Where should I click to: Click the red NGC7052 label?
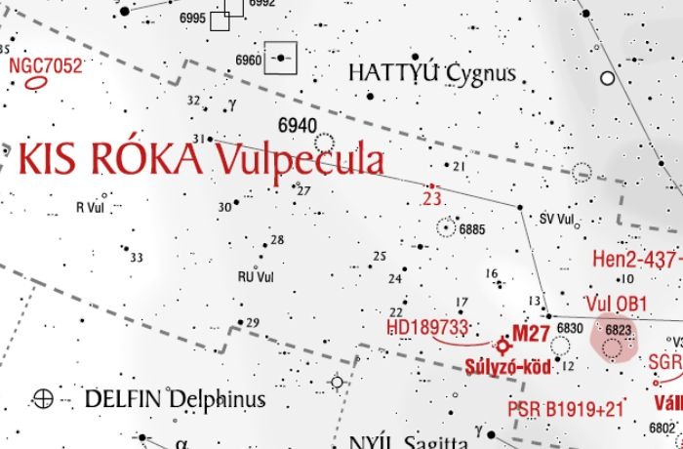point(45,65)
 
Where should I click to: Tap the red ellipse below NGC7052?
point(37,83)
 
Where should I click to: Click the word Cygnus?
point(480,73)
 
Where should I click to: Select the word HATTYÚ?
point(394,73)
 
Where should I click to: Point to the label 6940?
point(297,125)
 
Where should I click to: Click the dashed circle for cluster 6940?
point(323,143)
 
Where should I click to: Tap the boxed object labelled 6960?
point(282,59)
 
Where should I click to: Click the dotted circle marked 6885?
point(447,228)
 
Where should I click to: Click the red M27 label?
point(531,334)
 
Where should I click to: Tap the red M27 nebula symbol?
point(504,345)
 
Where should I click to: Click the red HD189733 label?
point(427,326)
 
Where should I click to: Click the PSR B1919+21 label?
point(563,408)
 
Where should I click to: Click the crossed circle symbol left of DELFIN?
point(43,397)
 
